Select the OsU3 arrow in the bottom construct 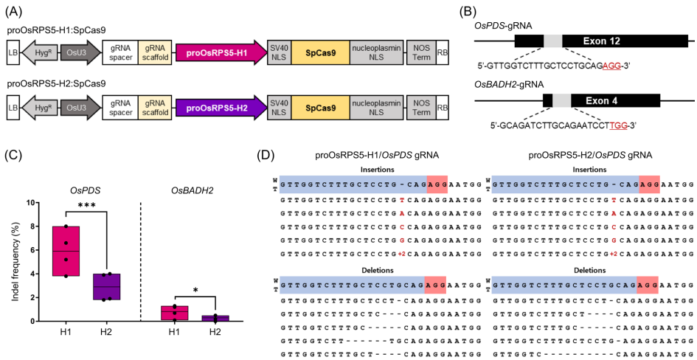78,108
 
